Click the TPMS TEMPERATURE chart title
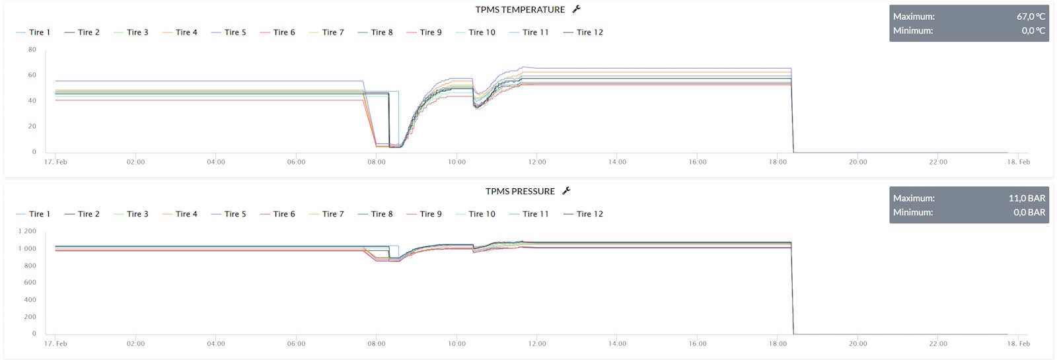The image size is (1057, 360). [520, 10]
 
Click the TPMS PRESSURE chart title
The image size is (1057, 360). [520, 192]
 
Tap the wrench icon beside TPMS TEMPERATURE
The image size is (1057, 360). [576, 9]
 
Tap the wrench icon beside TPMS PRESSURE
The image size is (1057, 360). [566, 191]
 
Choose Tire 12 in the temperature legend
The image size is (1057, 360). [589, 32]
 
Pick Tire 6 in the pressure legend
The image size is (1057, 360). [284, 214]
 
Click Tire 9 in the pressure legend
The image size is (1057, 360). [431, 214]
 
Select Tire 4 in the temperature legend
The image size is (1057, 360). [186, 32]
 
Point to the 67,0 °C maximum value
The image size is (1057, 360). [1031, 17]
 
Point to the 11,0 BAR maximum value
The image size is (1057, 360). [1027, 198]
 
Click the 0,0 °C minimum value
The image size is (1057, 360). [1033, 30]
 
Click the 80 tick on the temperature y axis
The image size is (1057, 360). [32, 50]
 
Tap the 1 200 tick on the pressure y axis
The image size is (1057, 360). [28, 231]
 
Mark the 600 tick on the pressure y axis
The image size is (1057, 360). [30, 282]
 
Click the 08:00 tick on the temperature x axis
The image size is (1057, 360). [377, 162]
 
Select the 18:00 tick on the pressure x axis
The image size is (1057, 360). [778, 343]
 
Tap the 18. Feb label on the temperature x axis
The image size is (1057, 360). [1018, 162]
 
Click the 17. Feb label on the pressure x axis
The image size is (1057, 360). [55, 343]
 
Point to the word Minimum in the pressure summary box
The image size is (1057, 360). [913, 212]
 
